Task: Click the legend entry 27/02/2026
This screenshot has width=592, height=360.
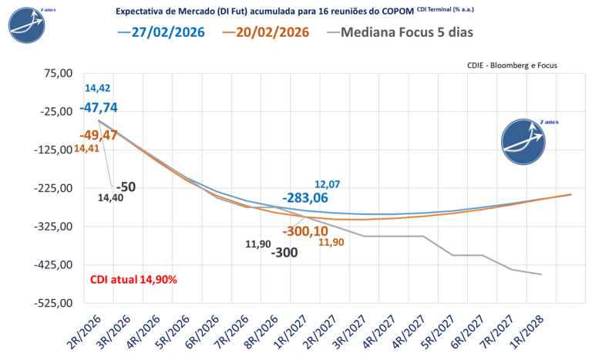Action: (162, 32)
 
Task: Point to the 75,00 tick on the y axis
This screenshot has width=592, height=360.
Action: (56, 72)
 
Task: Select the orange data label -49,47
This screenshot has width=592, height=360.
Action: (98, 135)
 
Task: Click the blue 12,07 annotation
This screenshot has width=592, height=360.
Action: (328, 184)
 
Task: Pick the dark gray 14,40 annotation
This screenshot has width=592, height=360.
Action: (109, 198)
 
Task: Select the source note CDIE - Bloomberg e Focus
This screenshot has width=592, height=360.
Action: (512, 66)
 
